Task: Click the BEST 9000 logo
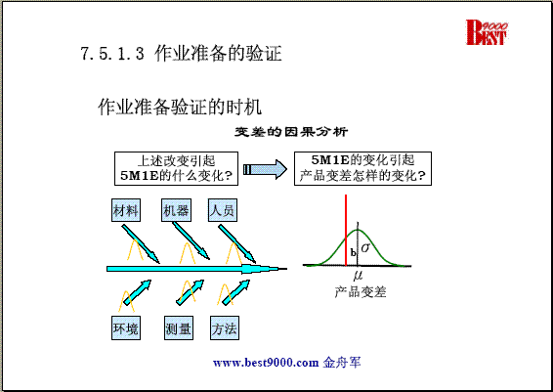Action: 487,32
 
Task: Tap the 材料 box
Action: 126,210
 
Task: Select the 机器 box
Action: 176,210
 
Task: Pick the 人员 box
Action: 223,210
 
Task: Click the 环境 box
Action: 126,328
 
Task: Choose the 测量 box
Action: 179,328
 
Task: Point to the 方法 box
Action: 225,328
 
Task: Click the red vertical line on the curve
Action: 346,230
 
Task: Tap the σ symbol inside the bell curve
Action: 365,247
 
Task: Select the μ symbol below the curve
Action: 358,276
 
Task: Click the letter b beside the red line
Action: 353,252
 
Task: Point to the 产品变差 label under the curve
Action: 361,291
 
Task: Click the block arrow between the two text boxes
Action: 265,169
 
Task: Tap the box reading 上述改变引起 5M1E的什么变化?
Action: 176,169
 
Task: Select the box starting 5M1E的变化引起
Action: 362,169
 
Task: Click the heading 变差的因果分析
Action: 291,132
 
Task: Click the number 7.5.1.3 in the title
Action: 112,54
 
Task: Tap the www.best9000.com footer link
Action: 266,363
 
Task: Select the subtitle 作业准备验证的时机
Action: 180,107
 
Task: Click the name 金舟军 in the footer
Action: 342,363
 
